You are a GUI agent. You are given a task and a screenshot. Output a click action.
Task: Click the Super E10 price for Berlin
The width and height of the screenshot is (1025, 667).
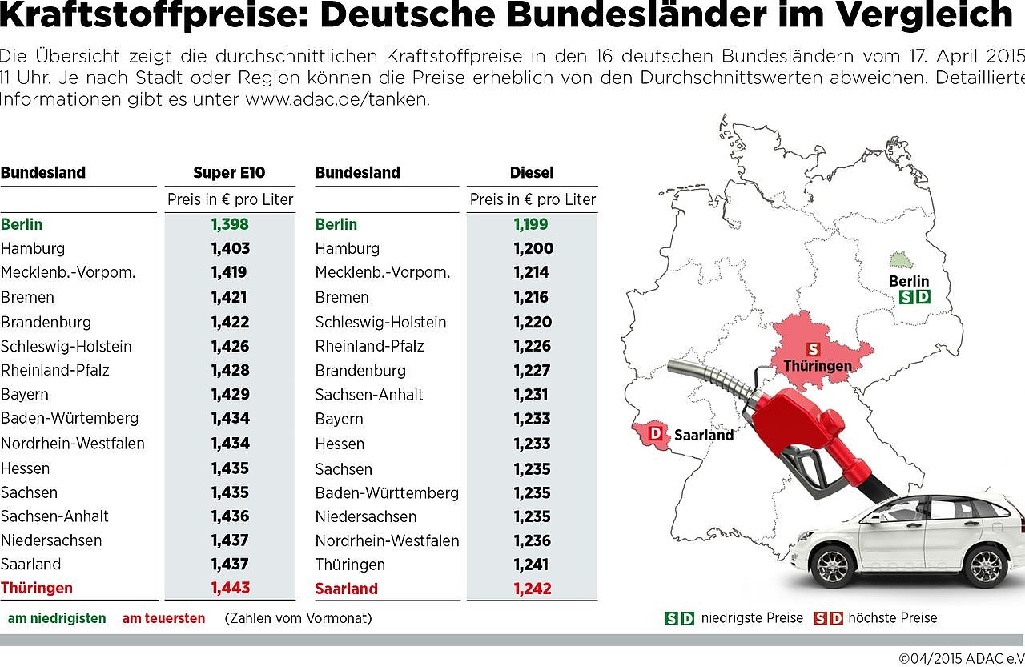230,224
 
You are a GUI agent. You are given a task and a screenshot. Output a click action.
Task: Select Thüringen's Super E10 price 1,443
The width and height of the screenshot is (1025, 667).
230,588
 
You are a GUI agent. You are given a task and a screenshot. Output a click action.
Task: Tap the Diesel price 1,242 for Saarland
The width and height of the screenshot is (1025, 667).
532,589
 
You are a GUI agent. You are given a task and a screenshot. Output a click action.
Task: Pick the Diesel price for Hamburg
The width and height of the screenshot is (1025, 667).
532,248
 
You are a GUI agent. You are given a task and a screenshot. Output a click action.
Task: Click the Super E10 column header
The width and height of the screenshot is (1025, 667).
229,172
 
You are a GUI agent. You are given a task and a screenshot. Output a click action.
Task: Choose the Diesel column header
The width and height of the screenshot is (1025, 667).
532,172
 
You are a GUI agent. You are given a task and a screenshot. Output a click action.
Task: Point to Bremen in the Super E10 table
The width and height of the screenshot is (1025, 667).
28,297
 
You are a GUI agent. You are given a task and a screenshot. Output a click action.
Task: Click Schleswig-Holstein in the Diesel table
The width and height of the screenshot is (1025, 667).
380,322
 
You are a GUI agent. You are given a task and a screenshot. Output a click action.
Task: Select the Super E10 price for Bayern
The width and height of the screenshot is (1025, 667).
230,394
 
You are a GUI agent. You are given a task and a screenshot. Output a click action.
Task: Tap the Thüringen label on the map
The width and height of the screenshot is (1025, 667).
818,365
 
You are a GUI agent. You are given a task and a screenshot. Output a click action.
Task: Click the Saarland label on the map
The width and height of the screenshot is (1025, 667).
703,436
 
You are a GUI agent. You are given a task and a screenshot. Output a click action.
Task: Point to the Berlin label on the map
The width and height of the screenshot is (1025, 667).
909,281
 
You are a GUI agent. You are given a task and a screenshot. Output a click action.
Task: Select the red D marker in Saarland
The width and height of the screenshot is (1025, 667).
656,433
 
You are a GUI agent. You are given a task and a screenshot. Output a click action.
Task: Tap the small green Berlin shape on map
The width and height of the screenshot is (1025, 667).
901,261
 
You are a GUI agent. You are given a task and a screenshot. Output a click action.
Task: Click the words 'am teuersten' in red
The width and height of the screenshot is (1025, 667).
163,618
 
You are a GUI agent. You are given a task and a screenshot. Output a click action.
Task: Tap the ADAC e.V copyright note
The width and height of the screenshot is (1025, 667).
960,658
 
